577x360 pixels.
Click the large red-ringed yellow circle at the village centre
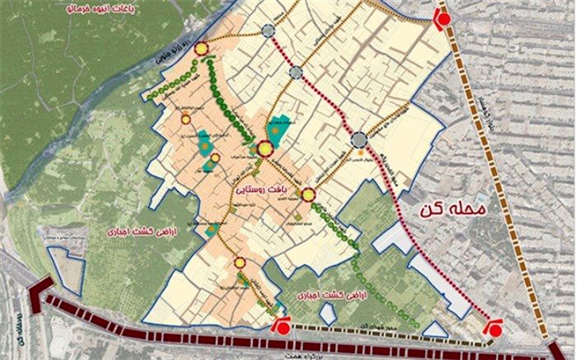tap(265, 149)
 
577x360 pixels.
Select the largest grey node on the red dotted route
tap(359, 141)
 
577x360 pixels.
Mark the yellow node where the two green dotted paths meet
tap(200, 51)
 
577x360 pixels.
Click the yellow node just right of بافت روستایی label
tap(308, 195)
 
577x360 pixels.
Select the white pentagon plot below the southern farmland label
tap(327, 313)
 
